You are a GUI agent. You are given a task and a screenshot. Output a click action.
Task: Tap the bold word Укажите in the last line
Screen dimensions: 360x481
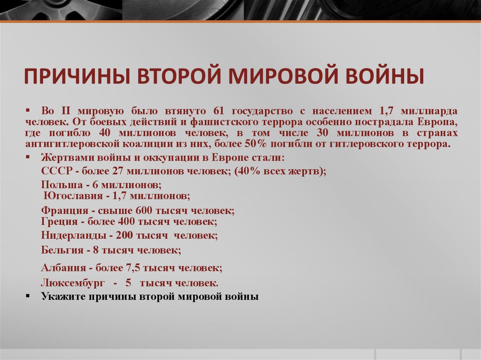click(x=61, y=297)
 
